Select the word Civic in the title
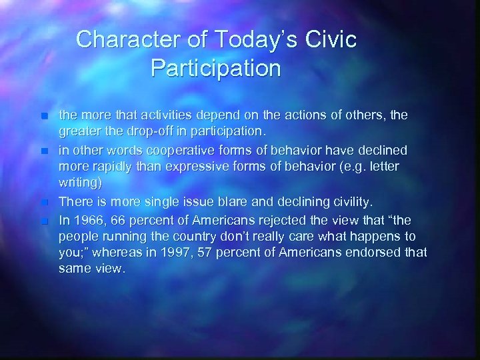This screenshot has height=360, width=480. (333, 40)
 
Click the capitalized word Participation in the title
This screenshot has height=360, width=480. (216, 69)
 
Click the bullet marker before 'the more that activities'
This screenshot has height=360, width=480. (43, 115)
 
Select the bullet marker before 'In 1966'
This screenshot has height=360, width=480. (43, 219)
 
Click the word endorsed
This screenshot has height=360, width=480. (388, 252)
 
